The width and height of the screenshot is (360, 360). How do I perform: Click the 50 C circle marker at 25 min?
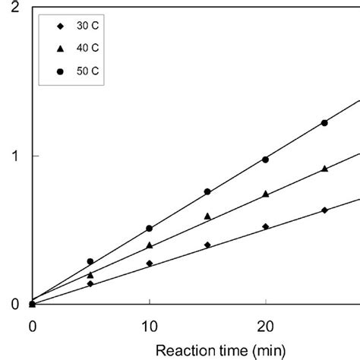324,123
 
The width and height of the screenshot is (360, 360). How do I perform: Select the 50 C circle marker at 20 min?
266,159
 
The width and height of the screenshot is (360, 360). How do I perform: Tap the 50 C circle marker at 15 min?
207,192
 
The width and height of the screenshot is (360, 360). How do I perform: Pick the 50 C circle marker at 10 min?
149,228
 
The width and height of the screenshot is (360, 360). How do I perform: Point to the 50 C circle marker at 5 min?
90,261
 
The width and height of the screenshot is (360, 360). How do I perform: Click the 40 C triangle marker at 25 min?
324,169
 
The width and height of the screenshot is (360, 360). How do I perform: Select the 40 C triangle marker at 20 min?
266,194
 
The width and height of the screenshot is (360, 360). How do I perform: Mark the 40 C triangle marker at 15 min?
207,216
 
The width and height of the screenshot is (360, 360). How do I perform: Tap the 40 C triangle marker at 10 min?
149,245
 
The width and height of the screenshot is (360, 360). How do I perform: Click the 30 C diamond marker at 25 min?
324,210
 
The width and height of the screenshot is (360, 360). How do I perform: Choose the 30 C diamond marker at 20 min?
266,226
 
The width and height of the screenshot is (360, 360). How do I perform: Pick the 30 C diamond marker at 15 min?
207,245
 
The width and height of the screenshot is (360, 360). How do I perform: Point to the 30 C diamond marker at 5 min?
90,284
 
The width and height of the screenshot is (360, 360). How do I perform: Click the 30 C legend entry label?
87,27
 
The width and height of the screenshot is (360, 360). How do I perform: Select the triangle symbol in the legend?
59,49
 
